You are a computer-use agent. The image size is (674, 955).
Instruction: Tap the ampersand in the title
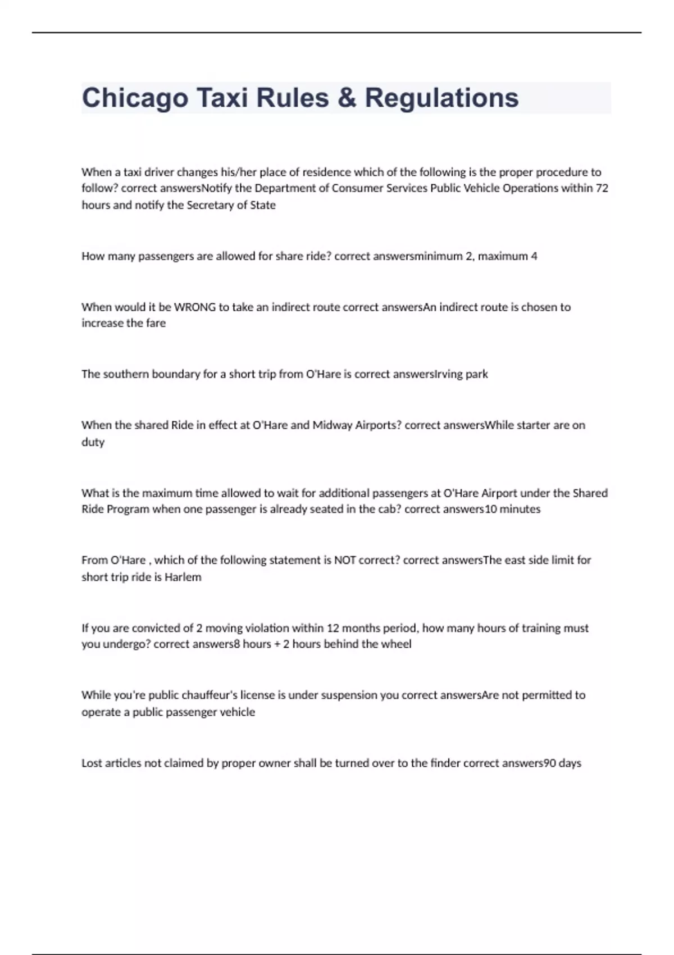(x=347, y=98)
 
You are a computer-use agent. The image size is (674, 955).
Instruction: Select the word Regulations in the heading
(x=441, y=98)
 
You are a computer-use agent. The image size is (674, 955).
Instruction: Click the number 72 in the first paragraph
(x=602, y=188)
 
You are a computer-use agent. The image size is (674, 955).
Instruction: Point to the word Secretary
(x=216, y=205)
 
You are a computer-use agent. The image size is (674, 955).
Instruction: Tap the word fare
(x=156, y=323)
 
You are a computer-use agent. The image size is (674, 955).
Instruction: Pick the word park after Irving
(x=476, y=374)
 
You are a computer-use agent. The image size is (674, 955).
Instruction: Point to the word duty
(x=93, y=442)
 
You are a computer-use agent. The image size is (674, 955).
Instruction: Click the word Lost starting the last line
(x=92, y=763)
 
